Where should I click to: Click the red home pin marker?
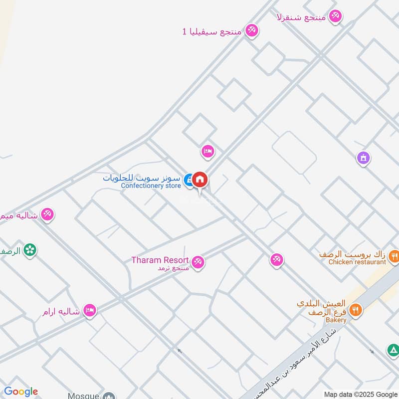click(x=200, y=180)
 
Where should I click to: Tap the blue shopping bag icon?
click(x=189, y=180)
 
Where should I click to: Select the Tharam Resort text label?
click(x=160, y=260)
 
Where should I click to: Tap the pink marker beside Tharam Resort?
click(x=198, y=261)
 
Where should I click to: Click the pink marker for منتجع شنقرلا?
click(x=336, y=16)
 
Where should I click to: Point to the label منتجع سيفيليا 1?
click(x=212, y=31)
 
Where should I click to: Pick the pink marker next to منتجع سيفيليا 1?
click(x=252, y=30)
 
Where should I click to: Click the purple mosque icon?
click(x=363, y=158)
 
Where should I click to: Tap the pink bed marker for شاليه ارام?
click(x=90, y=311)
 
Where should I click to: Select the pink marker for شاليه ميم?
click(x=47, y=214)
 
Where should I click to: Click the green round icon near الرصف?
click(x=30, y=250)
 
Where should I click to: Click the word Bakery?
click(x=337, y=320)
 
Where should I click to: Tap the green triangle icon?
click(x=393, y=351)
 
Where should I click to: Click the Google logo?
click(x=21, y=392)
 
